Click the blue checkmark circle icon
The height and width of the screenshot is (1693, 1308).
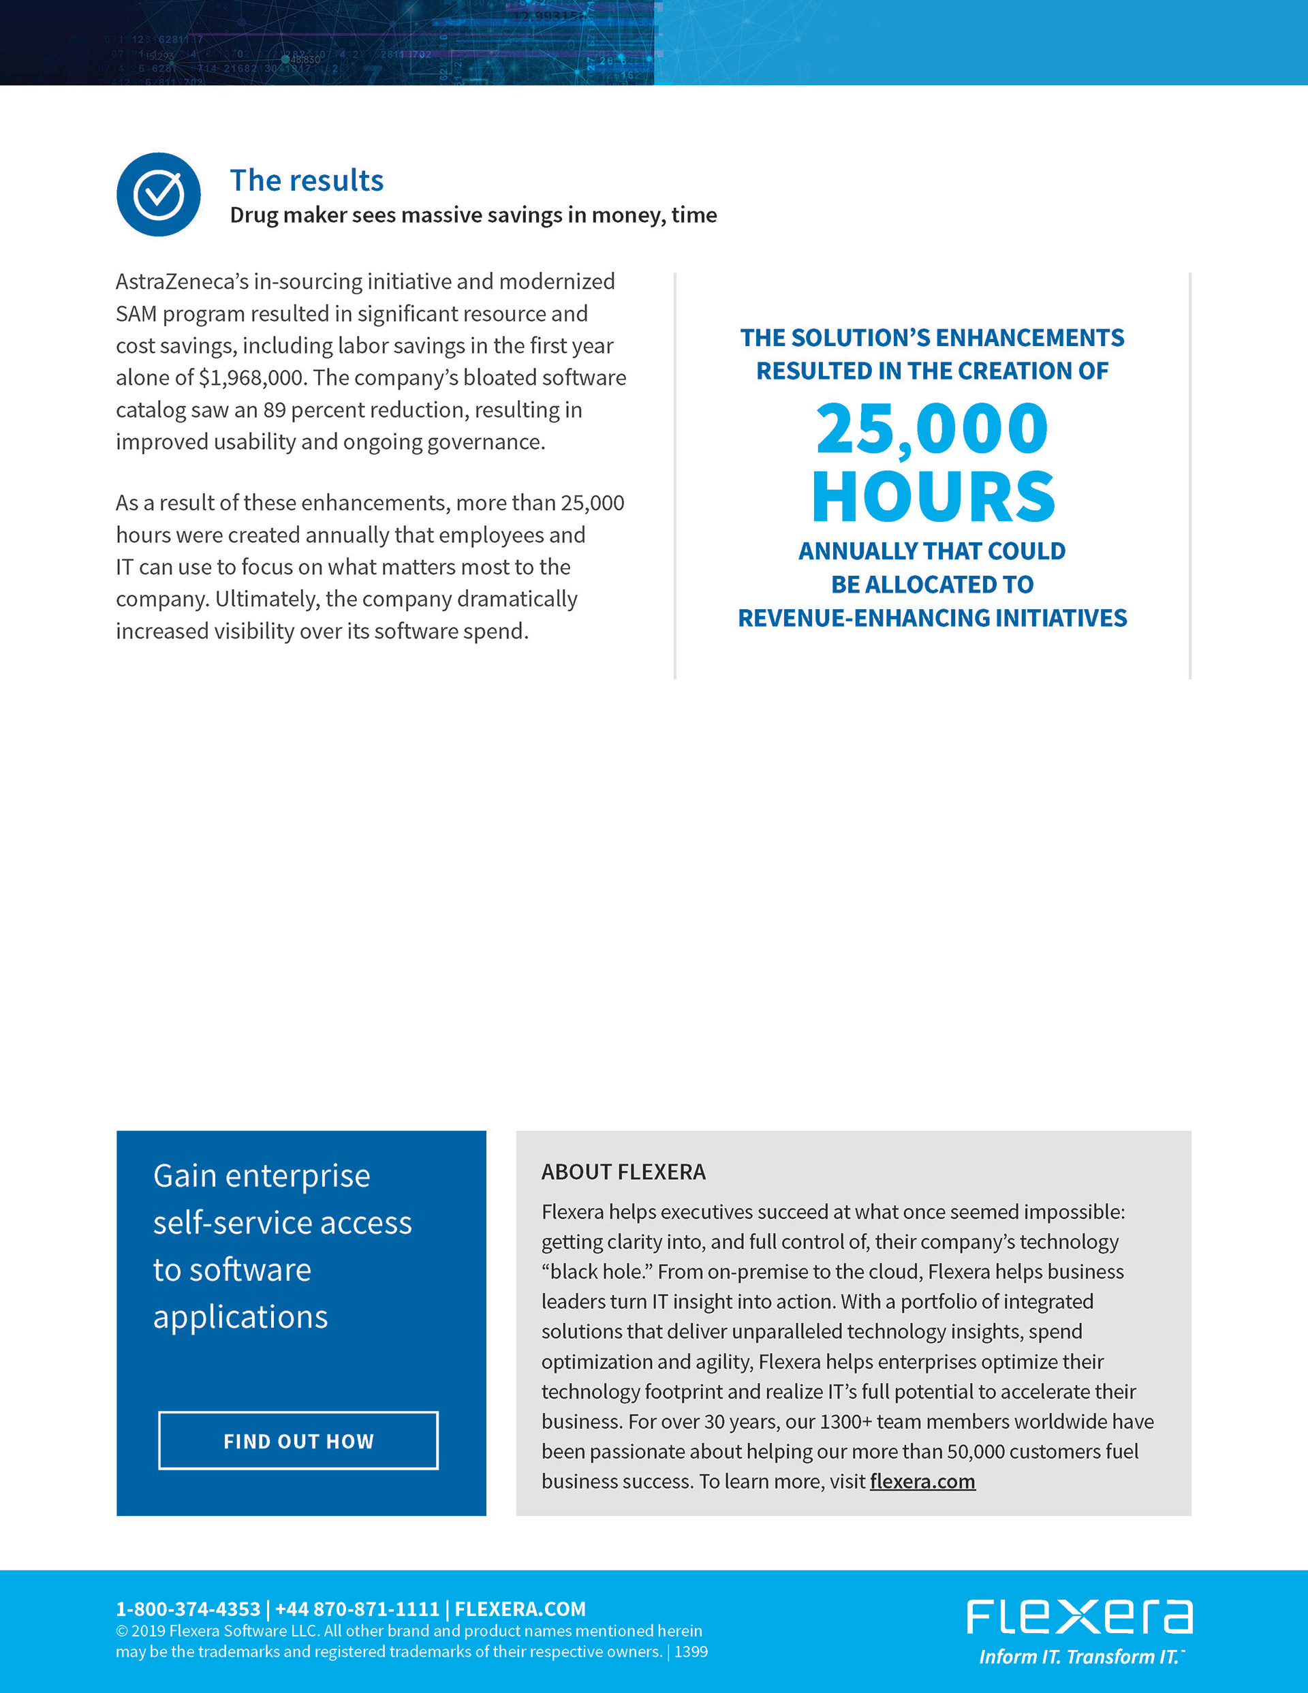click(158, 195)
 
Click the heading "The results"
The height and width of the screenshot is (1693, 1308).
click(307, 180)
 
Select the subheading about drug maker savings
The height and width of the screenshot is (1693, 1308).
click(473, 215)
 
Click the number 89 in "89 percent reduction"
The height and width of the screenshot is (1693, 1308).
click(275, 409)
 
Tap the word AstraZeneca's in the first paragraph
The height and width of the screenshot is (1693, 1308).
click(181, 281)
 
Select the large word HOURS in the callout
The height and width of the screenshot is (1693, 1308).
click(933, 497)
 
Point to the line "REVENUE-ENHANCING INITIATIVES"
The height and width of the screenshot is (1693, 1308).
click(932, 618)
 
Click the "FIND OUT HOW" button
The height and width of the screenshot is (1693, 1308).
click(298, 1440)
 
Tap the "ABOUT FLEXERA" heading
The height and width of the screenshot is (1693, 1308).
click(623, 1171)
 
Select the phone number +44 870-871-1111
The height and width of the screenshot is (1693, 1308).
click(357, 1609)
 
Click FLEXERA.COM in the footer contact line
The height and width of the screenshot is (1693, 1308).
click(520, 1609)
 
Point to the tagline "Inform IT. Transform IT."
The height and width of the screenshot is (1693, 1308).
click(1080, 1657)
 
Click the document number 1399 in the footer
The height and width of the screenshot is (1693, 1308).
click(691, 1651)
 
